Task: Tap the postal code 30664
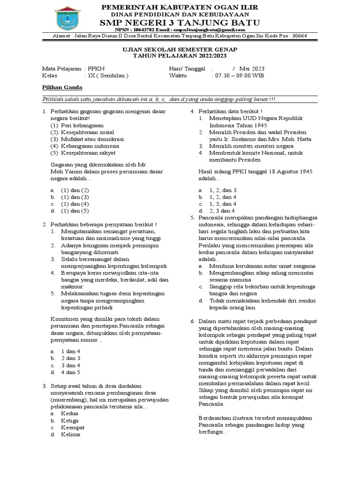point(298,36)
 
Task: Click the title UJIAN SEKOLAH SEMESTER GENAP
point(180,50)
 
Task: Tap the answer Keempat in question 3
point(73,427)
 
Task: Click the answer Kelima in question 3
point(70,435)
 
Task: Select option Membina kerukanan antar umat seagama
point(262,266)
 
